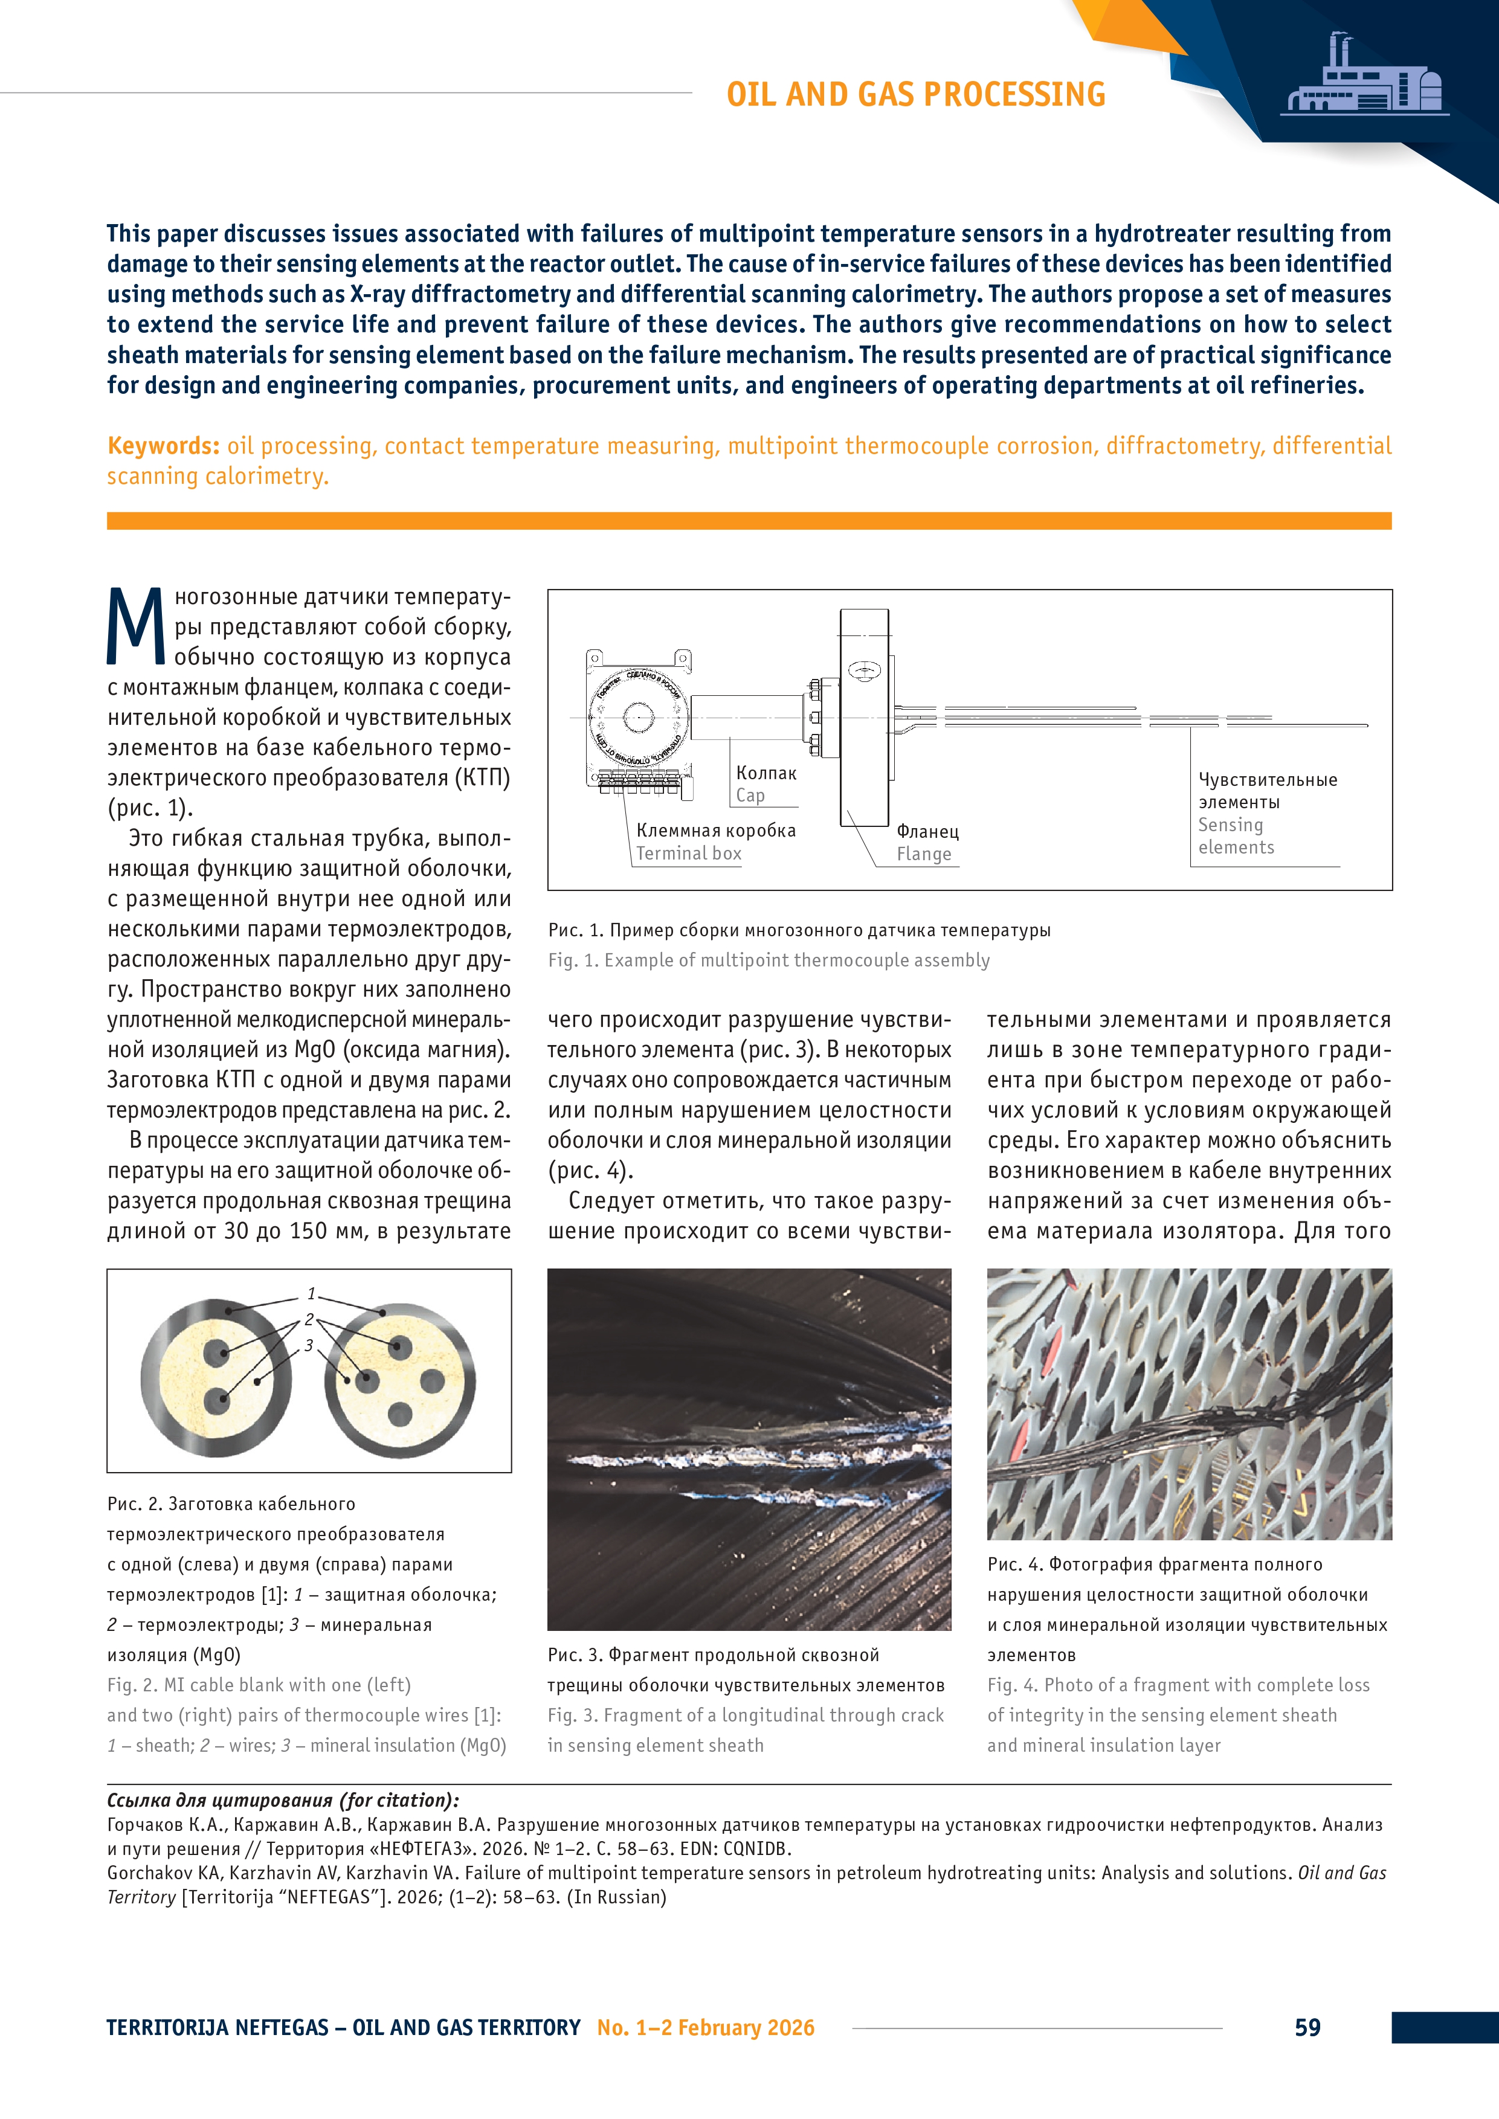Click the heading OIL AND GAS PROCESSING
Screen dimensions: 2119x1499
(x=915, y=94)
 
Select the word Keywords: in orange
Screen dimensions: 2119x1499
(x=163, y=446)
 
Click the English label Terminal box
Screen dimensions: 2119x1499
(x=689, y=854)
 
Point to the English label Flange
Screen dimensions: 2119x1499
(x=924, y=855)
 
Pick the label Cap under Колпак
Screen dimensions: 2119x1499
(x=750, y=796)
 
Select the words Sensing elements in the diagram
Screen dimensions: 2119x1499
(x=1236, y=836)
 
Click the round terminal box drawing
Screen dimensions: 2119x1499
(x=638, y=717)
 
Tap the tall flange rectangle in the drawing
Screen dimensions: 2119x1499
(x=865, y=717)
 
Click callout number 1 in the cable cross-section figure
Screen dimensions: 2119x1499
(x=312, y=1294)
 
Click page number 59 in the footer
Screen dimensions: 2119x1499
(x=1307, y=2028)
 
